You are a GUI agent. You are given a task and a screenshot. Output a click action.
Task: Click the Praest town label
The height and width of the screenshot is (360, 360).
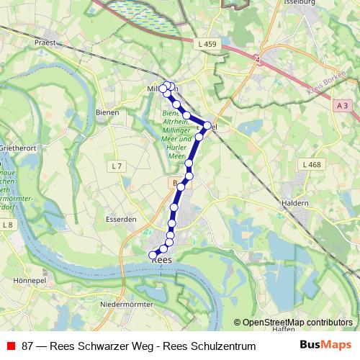(x=45, y=42)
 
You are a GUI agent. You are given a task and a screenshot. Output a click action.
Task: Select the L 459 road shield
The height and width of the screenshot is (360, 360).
(x=207, y=45)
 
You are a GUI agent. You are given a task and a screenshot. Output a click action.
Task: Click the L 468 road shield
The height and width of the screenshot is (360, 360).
(x=312, y=165)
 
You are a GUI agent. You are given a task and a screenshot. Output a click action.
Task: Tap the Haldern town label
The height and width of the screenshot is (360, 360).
(x=296, y=203)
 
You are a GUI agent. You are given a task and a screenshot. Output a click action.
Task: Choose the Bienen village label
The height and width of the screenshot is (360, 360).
(x=107, y=113)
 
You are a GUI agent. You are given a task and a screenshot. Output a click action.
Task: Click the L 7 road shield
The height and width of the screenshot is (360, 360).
(x=118, y=166)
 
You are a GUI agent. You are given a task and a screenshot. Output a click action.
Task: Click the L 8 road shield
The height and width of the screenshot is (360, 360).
(x=9, y=225)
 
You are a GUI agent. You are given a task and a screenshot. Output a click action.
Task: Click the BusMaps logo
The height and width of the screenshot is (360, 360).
(x=325, y=346)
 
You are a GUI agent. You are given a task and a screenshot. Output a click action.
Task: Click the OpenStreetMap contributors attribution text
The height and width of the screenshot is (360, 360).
(x=297, y=323)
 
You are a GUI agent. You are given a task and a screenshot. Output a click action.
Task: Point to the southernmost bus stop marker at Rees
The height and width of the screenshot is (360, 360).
(x=153, y=255)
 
